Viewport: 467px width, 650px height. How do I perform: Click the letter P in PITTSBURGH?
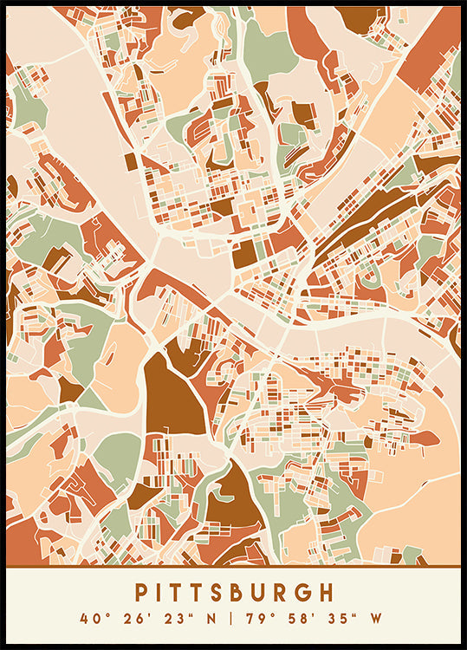point(141,593)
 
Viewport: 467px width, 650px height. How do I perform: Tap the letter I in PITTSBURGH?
point(161,593)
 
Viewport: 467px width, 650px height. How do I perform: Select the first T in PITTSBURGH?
point(181,593)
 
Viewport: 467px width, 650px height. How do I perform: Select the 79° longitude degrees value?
point(261,620)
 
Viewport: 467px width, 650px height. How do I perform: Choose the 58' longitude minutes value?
point(299,620)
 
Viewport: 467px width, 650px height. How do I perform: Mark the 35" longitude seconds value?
point(336,620)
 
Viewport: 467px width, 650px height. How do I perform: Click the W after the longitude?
point(375,620)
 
